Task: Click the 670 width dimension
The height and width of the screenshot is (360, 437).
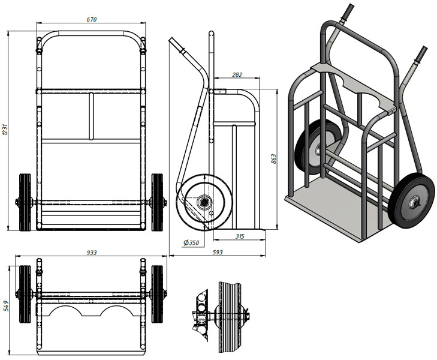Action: point(91,19)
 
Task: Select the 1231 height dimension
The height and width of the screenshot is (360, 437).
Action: point(4,130)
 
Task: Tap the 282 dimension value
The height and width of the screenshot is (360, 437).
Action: point(237,74)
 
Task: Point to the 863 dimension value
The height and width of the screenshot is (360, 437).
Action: point(274,158)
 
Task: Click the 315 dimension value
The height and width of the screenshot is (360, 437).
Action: point(240,236)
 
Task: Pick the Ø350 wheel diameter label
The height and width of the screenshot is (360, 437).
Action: point(191,242)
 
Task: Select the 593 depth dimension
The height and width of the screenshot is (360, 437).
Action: point(218,252)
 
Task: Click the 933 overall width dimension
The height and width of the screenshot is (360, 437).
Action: point(91,253)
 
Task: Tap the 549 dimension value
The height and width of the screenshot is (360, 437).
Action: point(6,306)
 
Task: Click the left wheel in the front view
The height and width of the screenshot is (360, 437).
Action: point(25,202)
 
